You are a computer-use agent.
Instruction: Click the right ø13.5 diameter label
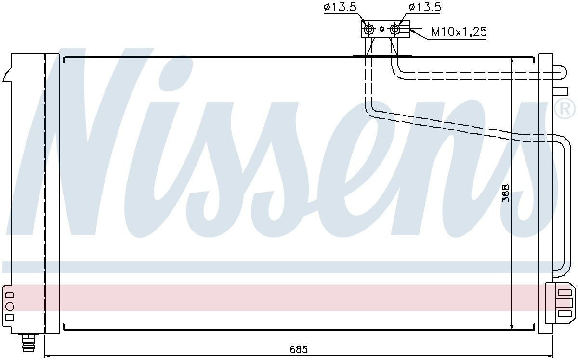pos(425,7)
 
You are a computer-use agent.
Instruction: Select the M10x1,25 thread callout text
pos(458,32)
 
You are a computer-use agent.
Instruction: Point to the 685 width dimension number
pos(299,348)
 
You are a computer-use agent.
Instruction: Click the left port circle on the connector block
pos(369,29)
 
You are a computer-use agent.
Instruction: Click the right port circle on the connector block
pos(395,29)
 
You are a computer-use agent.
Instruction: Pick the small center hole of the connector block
pos(382,29)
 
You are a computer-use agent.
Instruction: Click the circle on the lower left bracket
pos(10,306)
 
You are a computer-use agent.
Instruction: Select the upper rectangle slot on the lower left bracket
pos(10,295)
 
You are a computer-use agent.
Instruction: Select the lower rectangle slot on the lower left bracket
pos(10,317)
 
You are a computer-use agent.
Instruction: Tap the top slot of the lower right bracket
pos(564,292)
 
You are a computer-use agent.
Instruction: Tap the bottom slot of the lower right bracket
pos(564,313)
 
